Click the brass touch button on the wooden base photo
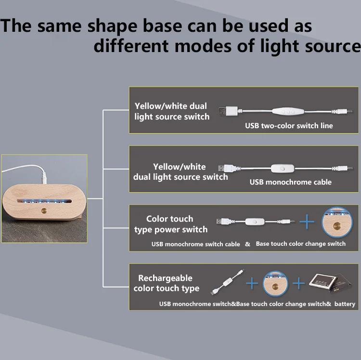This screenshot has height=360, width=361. coord(43,211)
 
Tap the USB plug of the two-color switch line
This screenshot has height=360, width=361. coord(228,111)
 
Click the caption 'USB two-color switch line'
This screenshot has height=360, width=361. coord(289,126)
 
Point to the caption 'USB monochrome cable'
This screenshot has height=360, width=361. coord(291,182)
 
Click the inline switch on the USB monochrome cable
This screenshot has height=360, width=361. coord(283,169)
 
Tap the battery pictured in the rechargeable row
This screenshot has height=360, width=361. coord(330,282)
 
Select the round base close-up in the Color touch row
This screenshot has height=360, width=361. coord(337,222)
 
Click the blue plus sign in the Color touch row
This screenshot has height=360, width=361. coord(307,222)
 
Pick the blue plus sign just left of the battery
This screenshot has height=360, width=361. coord(298,283)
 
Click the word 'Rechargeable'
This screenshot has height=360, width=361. coord(165,278)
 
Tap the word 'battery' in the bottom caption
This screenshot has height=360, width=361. coord(345,304)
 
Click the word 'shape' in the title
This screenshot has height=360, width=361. coord(112,27)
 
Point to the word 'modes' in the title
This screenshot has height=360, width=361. coord(203,46)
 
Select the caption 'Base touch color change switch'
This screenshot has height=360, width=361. coord(301,243)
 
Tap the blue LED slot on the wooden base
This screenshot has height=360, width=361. coord(44,201)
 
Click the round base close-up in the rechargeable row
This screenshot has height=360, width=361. coord(275,283)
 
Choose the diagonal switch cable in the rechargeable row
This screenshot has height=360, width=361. coord(228,282)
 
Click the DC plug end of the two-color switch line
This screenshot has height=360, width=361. coord(342,111)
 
